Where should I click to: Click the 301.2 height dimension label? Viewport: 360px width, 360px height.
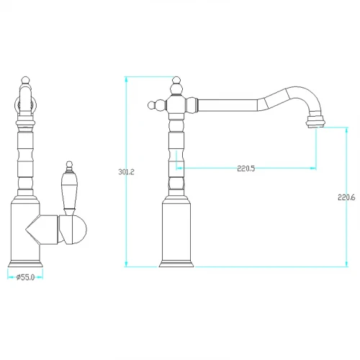(x=126, y=172)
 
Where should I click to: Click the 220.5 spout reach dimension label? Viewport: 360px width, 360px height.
(x=246, y=168)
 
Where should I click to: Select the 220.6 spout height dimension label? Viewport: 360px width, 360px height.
(x=346, y=197)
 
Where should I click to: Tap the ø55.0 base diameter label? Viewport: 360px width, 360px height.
(x=26, y=277)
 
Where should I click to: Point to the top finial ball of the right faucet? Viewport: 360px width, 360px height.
(x=176, y=80)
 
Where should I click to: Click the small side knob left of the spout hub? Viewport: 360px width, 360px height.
(x=151, y=105)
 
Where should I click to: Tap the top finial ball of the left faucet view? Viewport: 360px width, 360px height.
(x=25, y=80)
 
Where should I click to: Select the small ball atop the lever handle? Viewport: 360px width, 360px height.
(x=69, y=164)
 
